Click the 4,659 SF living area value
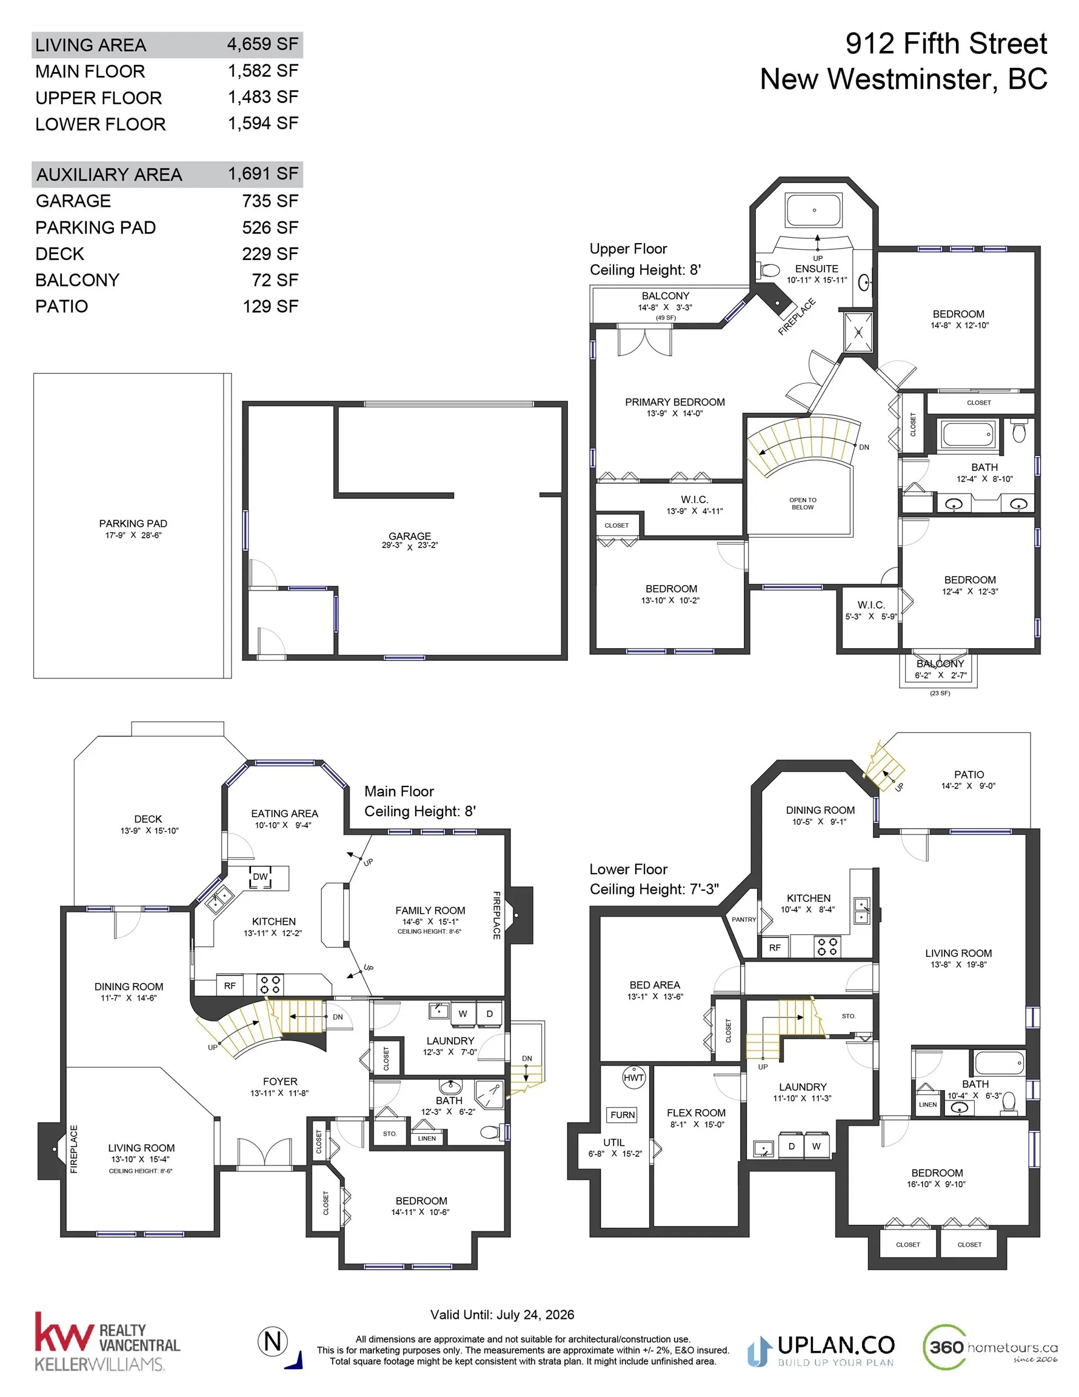tap(262, 44)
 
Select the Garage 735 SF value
tap(270, 201)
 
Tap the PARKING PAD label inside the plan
tap(133, 523)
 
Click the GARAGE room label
tap(409, 536)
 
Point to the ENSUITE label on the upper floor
tap(817, 269)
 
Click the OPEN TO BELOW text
tap(803, 503)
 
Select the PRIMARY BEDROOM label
tap(675, 402)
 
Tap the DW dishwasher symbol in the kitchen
tap(260, 877)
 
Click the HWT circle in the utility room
tap(633, 1078)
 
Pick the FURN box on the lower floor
tap(623, 1115)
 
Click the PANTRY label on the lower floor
tap(744, 919)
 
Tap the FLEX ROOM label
tap(696, 1113)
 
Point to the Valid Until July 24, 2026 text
tap(502, 1315)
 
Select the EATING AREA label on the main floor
tap(285, 814)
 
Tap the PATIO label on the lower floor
tap(969, 775)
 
